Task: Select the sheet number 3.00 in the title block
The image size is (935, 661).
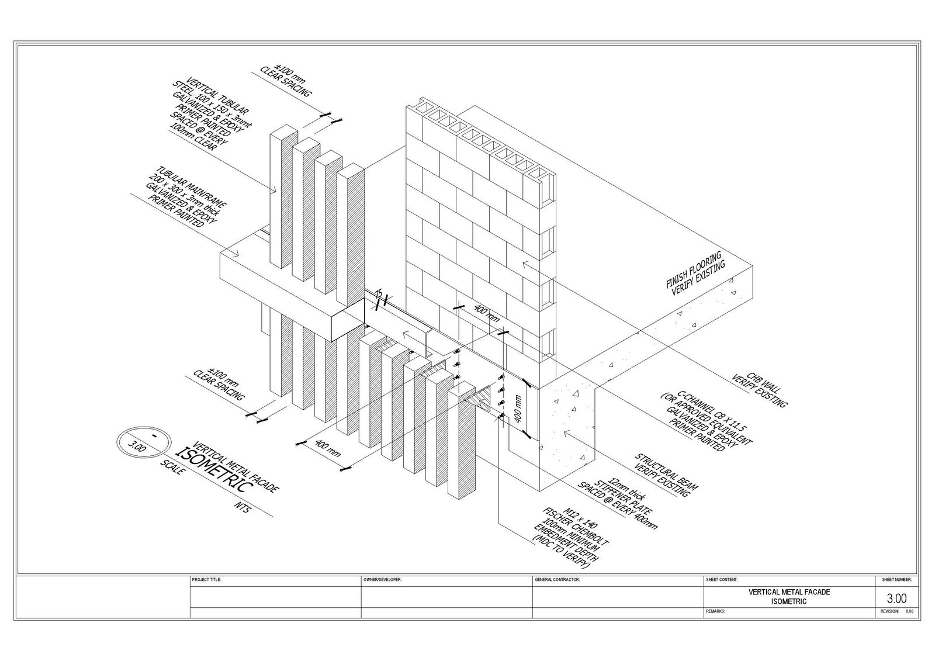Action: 897,598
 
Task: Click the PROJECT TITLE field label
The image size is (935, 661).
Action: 206,580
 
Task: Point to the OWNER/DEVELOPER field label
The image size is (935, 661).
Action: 382,580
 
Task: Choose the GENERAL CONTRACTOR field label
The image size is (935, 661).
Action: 556,580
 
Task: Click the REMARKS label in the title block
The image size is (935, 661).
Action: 716,611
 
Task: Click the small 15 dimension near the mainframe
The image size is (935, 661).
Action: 379,294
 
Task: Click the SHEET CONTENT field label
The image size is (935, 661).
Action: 722,580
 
